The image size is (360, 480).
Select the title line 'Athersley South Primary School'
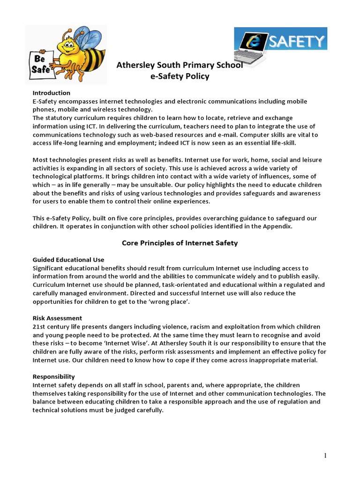pos(180,65)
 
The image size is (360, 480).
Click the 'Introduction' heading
pos(51,93)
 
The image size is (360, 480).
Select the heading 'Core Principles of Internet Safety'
pos(180,243)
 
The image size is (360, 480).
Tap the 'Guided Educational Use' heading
pos(68,260)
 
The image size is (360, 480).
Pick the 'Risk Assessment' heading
pos(57,318)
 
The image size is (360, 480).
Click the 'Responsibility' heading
pos(53,376)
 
